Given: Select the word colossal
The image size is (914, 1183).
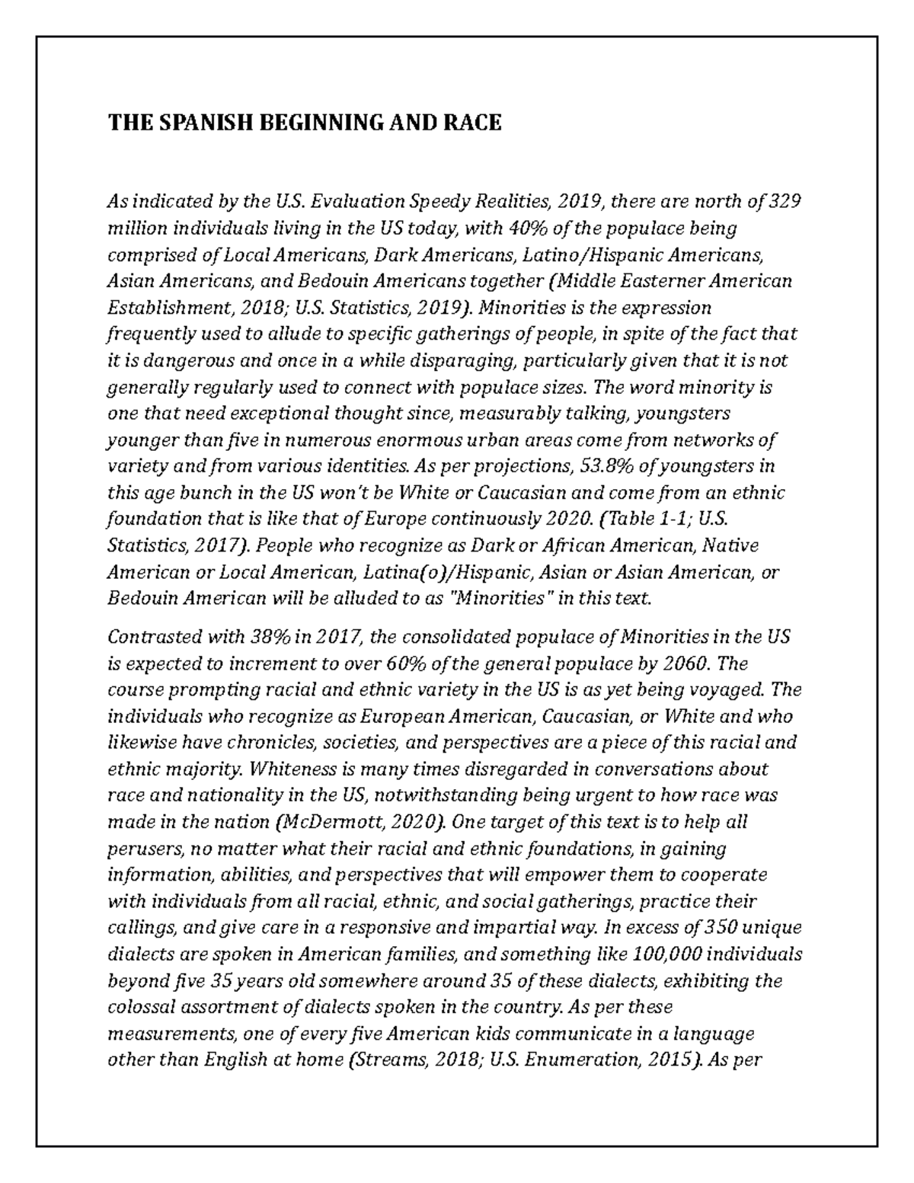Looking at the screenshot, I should coord(142,1008).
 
